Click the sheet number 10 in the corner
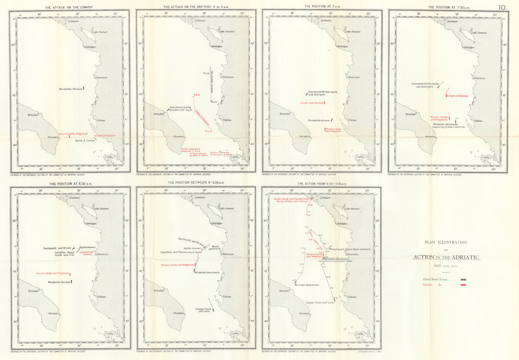click(502, 7)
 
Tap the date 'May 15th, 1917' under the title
click(446, 267)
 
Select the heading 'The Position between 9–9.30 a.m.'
click(195, 184)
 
